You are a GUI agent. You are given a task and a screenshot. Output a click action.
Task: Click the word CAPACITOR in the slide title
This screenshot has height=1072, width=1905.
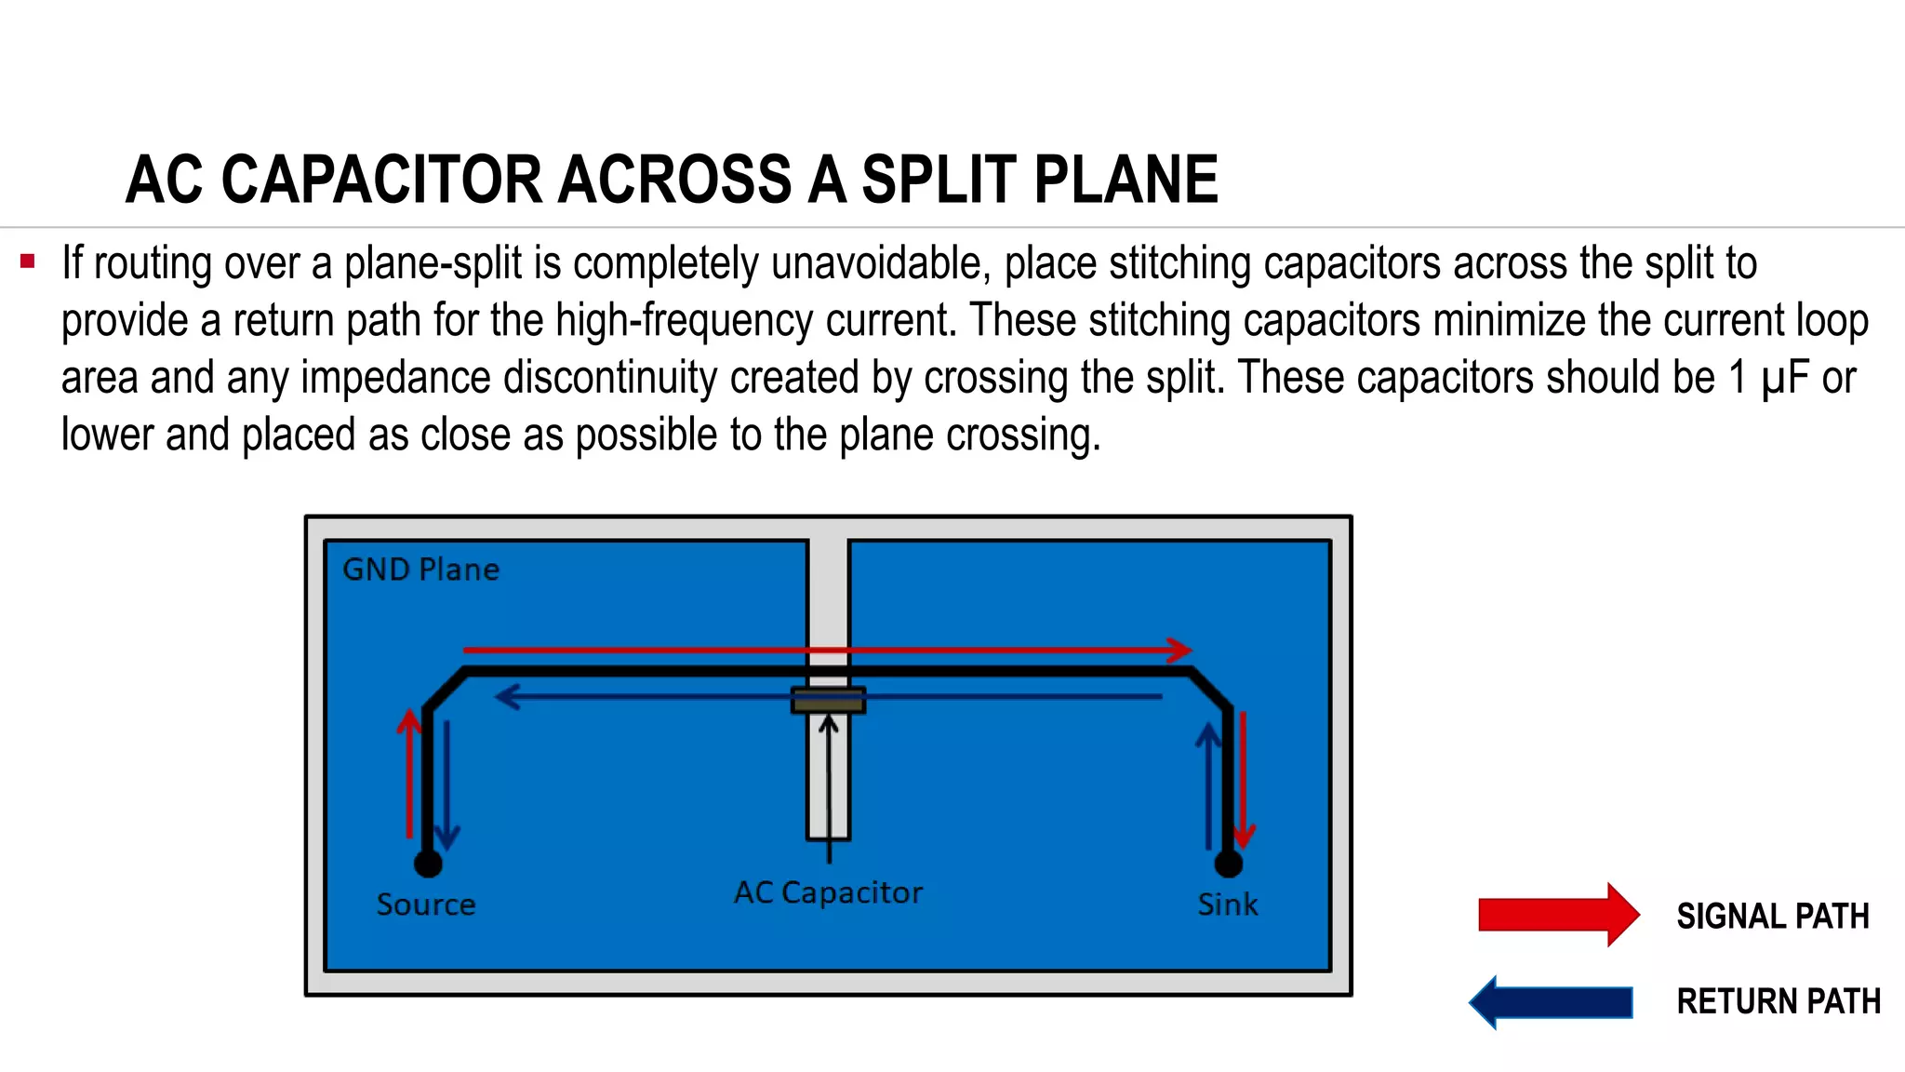[381, 180]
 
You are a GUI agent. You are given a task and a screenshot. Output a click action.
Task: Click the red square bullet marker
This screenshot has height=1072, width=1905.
[28, 261]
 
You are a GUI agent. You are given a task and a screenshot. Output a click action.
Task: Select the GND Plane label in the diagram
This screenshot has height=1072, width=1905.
[420, 569]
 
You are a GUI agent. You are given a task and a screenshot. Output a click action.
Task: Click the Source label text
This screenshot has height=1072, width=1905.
[426, 904]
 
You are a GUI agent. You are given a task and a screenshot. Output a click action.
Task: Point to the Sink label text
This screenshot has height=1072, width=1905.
[1227, 904]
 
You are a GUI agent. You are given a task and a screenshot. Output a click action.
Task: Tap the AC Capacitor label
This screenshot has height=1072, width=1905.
[828, 892]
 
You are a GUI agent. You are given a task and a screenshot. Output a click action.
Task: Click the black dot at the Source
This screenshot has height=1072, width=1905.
[428, 864]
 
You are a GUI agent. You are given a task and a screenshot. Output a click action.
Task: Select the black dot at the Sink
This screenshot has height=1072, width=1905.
[1229, 864]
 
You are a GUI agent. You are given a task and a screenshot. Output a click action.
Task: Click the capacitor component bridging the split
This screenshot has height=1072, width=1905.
[828, 701]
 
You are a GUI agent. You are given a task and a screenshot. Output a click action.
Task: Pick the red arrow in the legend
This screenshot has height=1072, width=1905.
[1558, 915]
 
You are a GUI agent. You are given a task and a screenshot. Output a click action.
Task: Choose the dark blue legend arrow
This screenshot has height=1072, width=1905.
[1552, 1002]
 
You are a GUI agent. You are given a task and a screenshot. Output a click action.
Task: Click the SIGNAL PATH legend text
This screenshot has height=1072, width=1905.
[1772, 917]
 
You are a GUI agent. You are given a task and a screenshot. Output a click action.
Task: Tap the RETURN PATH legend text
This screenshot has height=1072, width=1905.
[1778, 1002]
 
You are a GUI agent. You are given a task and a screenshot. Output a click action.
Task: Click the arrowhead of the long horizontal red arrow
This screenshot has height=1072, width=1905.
[1179, 650]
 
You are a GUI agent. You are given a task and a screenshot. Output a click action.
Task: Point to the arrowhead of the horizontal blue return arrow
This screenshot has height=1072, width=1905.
[507, 696]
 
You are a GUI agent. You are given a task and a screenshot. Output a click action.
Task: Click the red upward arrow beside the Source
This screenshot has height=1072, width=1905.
[408, 772]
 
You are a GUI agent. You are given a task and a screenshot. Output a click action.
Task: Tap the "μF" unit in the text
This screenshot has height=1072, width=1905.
[1784, 378]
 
